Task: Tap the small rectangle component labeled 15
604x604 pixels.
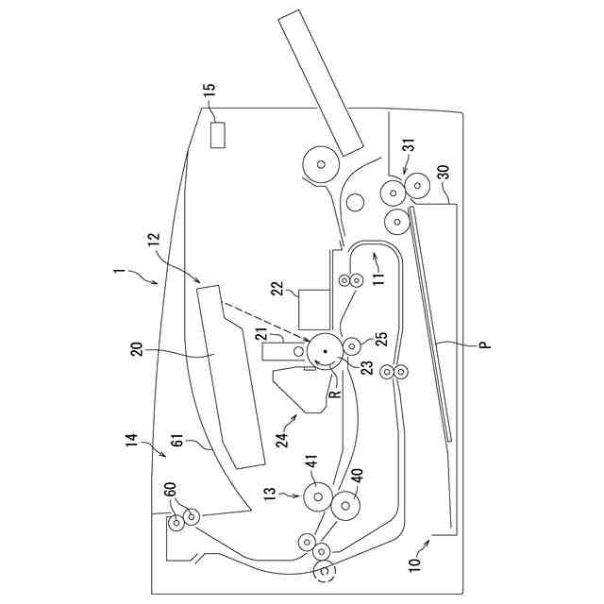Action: (218, 135)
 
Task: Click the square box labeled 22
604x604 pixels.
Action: (312, 307)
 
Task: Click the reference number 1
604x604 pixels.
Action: (119, 274)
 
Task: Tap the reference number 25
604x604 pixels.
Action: (381, 338)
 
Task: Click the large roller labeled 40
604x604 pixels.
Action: (347, 506)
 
